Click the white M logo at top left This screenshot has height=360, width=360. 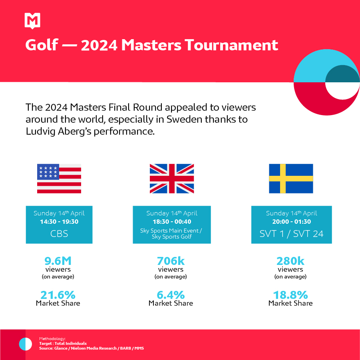click(x=32, y=20)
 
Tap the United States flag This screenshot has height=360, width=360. click(x=59, y=179)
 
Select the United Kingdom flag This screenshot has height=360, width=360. click(x=172, y=179)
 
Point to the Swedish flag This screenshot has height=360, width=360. click(x=291, y=179)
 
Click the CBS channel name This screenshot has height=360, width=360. click(x=59, y=233)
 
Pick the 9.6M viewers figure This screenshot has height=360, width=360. click(x=58, y=261)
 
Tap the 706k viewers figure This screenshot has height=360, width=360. click(x=171, y=261)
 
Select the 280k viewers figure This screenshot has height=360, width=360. click(x=290, y=261)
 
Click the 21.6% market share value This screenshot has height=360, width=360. click(x=58, y=295)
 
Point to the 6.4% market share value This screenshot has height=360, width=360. click(x=171, y=295)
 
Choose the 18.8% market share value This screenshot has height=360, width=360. click(x=290, y=295)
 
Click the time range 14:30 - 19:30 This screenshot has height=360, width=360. click(x=59, y=221)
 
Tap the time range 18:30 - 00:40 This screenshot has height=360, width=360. click(x=172, y=221)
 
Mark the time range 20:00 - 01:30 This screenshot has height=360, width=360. click(x=291, y=221)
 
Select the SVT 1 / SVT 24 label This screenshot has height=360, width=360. click(x=291, y=233)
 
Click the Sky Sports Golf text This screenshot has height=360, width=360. click(x=172, y=237)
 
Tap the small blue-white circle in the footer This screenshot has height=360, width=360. click(x=26, y=344)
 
